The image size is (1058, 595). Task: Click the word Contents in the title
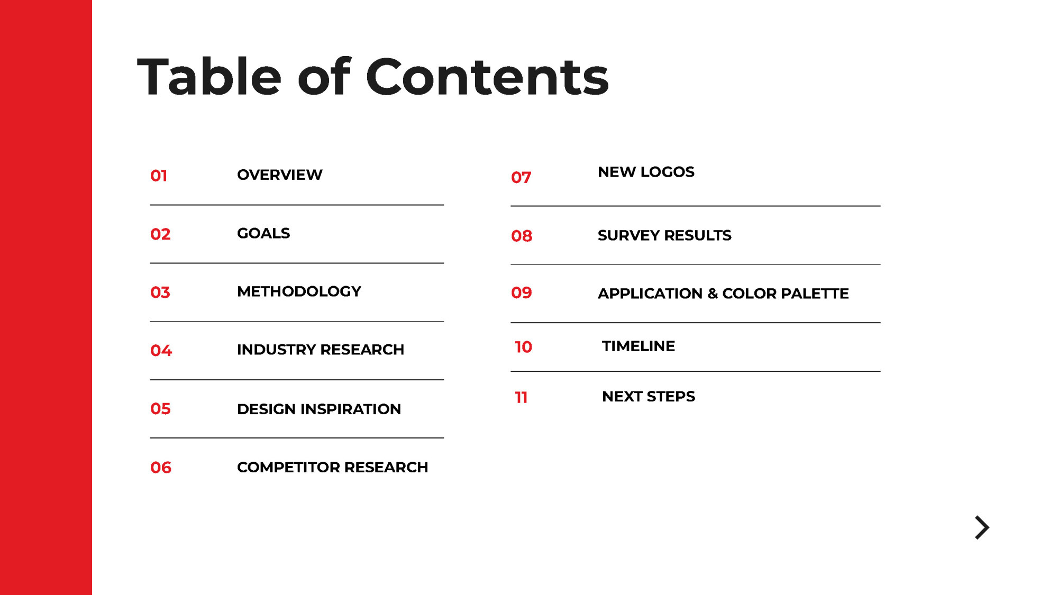[487, 77]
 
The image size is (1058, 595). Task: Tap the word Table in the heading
[209, 77]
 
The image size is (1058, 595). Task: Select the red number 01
[159, 176]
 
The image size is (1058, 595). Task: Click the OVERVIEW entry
[279, 175]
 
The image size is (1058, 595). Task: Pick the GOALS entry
[263, 233]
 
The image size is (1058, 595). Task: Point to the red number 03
[160, 292]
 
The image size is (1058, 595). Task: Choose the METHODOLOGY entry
[299, 291]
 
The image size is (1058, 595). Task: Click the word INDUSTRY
[276, 350]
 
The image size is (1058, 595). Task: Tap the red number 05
[160, 408]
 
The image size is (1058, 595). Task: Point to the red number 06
[161, 468]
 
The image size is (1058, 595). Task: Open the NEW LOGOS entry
[646, 172]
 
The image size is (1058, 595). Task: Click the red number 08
[522, 236]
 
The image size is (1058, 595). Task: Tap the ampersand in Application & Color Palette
[713, 293]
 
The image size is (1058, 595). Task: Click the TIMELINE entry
[639, 346]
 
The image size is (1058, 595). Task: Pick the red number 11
[521, 397]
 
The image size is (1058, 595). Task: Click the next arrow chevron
[982, 528]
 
